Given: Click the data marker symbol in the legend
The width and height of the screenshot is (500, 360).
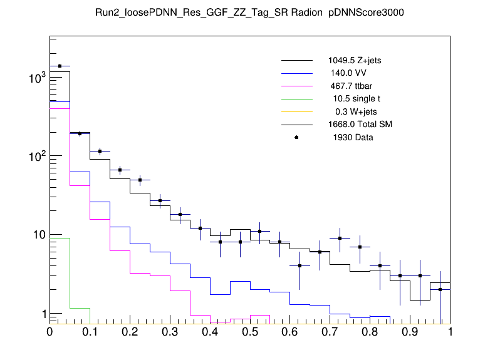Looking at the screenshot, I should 296,137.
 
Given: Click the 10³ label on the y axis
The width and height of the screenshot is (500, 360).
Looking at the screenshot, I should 37,77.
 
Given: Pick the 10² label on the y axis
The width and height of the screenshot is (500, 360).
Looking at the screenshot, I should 37,156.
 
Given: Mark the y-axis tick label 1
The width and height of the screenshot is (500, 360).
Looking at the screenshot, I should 43,314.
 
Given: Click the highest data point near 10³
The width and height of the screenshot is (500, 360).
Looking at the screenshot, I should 60,66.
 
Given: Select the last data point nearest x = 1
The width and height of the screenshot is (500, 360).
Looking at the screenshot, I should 440,289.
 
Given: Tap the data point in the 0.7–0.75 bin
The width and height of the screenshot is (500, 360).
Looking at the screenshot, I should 340,238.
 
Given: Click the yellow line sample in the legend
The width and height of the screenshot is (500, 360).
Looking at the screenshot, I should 296,111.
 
